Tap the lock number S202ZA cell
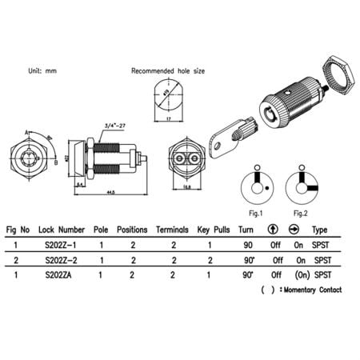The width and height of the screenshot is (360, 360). pos(62,275)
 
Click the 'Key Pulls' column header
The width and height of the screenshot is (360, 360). pos(214,228)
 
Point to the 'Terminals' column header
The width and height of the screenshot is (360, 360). pos(173,228)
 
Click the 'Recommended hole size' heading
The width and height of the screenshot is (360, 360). pos(167,71)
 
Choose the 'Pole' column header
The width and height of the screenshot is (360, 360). pos(101,228)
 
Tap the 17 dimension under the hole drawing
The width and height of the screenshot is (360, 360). pos(167,121)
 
